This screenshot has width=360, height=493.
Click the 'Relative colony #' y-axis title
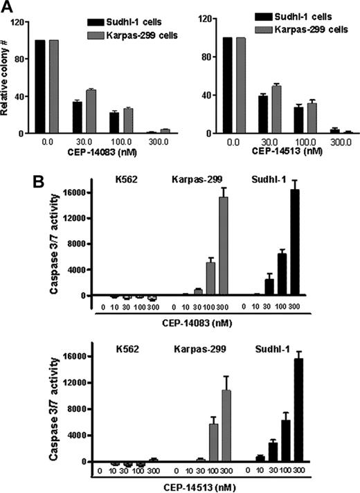(6, 77)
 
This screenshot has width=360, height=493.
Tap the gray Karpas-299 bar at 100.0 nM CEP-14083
(127, 120)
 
